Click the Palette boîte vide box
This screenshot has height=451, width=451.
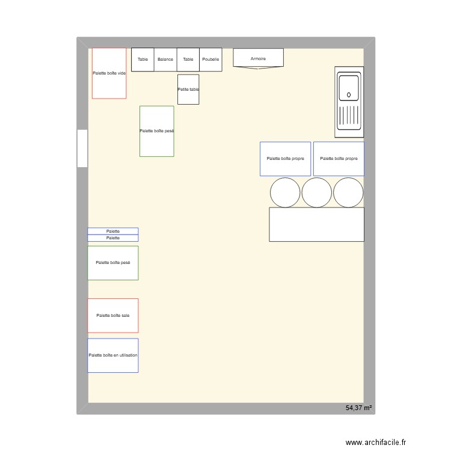[109, 73]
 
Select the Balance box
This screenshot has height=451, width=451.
[165, 60]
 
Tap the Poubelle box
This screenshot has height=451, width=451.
[210, 60]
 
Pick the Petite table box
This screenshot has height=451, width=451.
[188, 89]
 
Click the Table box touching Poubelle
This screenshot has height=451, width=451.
[188, 60]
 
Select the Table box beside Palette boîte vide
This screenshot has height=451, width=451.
[143, 60]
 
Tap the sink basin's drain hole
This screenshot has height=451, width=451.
[349, 94]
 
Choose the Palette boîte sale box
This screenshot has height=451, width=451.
[113, 315]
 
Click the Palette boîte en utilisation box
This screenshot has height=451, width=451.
[113, 355]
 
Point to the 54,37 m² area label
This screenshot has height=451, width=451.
[358, 408]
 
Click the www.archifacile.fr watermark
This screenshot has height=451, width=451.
[376, 442]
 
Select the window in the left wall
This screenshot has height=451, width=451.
[82, 148]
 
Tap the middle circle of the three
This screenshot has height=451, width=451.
[317, 192]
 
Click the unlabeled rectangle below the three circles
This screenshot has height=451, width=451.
[316, 224]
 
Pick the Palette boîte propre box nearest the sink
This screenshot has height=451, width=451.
[339, 159]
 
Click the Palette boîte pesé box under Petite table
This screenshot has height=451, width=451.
[157, 131]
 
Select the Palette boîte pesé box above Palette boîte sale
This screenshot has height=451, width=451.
[113, 263]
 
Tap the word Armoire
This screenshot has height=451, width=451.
[258, 59]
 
